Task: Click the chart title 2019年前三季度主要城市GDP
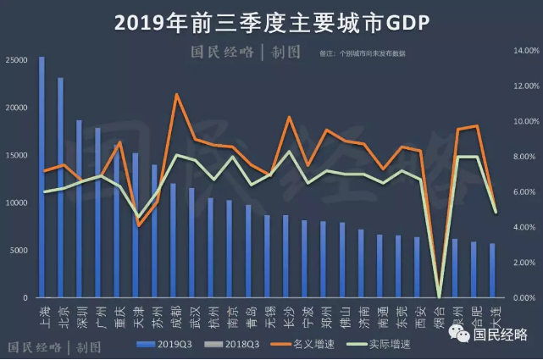272,21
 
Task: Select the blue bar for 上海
42,178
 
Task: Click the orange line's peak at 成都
175,94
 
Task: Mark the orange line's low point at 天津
138,225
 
